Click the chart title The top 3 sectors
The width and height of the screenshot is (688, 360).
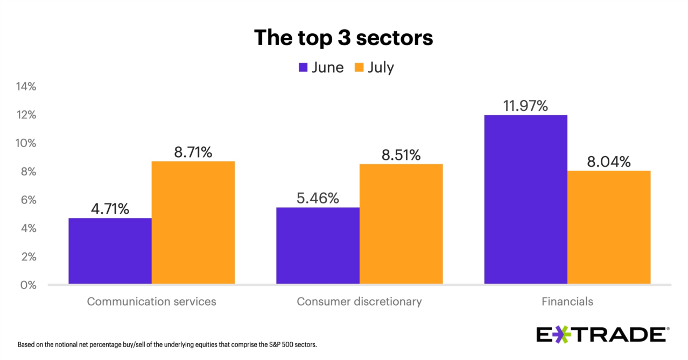[x=343, y=38]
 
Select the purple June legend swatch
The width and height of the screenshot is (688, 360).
[x=303, y=67]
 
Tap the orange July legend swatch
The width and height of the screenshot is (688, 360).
[x=360, y=67]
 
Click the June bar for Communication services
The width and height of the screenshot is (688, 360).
[x=110, y=251]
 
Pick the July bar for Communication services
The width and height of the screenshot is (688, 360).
[x=193, y=222]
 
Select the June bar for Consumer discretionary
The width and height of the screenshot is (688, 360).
[x=318, y=245]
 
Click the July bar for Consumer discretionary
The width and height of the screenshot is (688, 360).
[x=401, y=224]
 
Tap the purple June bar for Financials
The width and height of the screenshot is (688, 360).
[x=525, y=199]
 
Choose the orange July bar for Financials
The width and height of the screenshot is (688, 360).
[x=609, y=227]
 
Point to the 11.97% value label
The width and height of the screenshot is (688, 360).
[x=525, y=105]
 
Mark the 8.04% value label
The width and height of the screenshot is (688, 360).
[x=609, y=161]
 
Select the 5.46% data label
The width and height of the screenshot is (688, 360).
[x=318, y=198]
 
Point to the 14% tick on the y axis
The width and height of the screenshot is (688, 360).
[x=25, y=87]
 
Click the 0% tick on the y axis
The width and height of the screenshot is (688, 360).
[x=27, y=285]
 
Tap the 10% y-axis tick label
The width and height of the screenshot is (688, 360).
[x=25, y=143]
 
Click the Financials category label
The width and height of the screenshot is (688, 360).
[x=567, y=301]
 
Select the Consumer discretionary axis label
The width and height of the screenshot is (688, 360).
[x=359, y=301]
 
